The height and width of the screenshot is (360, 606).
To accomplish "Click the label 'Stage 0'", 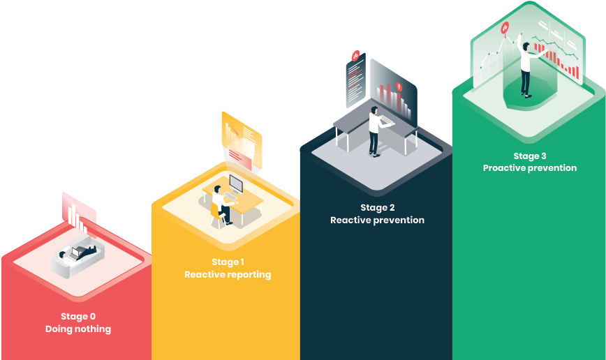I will click(x=78, y=316).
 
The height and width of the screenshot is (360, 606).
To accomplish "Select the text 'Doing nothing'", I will click(x=78, y=329).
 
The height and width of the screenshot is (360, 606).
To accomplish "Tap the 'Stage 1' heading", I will click(x=228, y=262).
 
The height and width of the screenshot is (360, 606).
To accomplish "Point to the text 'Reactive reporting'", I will click(x=228, y=275).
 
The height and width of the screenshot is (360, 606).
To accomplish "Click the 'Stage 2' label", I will click(x=377, y=207).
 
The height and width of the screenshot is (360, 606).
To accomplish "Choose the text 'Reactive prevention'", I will click(x=377, y=220).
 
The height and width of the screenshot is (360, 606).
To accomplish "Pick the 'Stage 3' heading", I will click(x=530, y=156).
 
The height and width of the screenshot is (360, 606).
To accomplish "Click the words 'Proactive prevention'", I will click(x=530, y=168).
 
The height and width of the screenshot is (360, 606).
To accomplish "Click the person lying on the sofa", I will click(x=75, y=253).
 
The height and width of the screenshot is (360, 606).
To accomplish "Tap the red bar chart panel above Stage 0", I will click(x=77, y=213).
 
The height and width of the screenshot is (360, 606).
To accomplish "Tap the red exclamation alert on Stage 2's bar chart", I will click(x=399, y=87).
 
